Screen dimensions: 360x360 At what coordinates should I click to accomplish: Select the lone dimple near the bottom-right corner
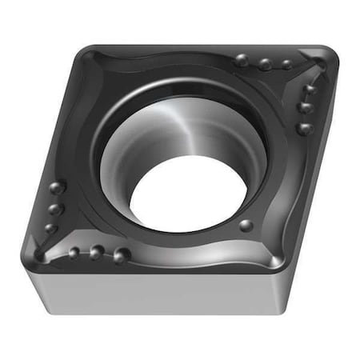(x=246, y=226)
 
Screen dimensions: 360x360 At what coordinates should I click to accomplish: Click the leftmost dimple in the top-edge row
(x=242, y=60)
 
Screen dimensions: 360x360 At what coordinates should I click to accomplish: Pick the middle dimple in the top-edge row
(x=265, y=64)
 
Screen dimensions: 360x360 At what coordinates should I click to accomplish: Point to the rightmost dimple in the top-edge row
(x=286, y=65)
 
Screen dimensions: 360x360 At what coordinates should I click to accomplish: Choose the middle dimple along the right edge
(x=305, y=107)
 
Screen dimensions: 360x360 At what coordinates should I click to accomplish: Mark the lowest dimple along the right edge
(x=303, y=128)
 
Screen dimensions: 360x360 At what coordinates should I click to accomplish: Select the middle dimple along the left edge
(x=54, y=209)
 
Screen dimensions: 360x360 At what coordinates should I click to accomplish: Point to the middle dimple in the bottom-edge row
(x=96, y=254)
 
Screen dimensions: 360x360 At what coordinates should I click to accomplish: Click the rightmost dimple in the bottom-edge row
(x=121, y=256)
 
